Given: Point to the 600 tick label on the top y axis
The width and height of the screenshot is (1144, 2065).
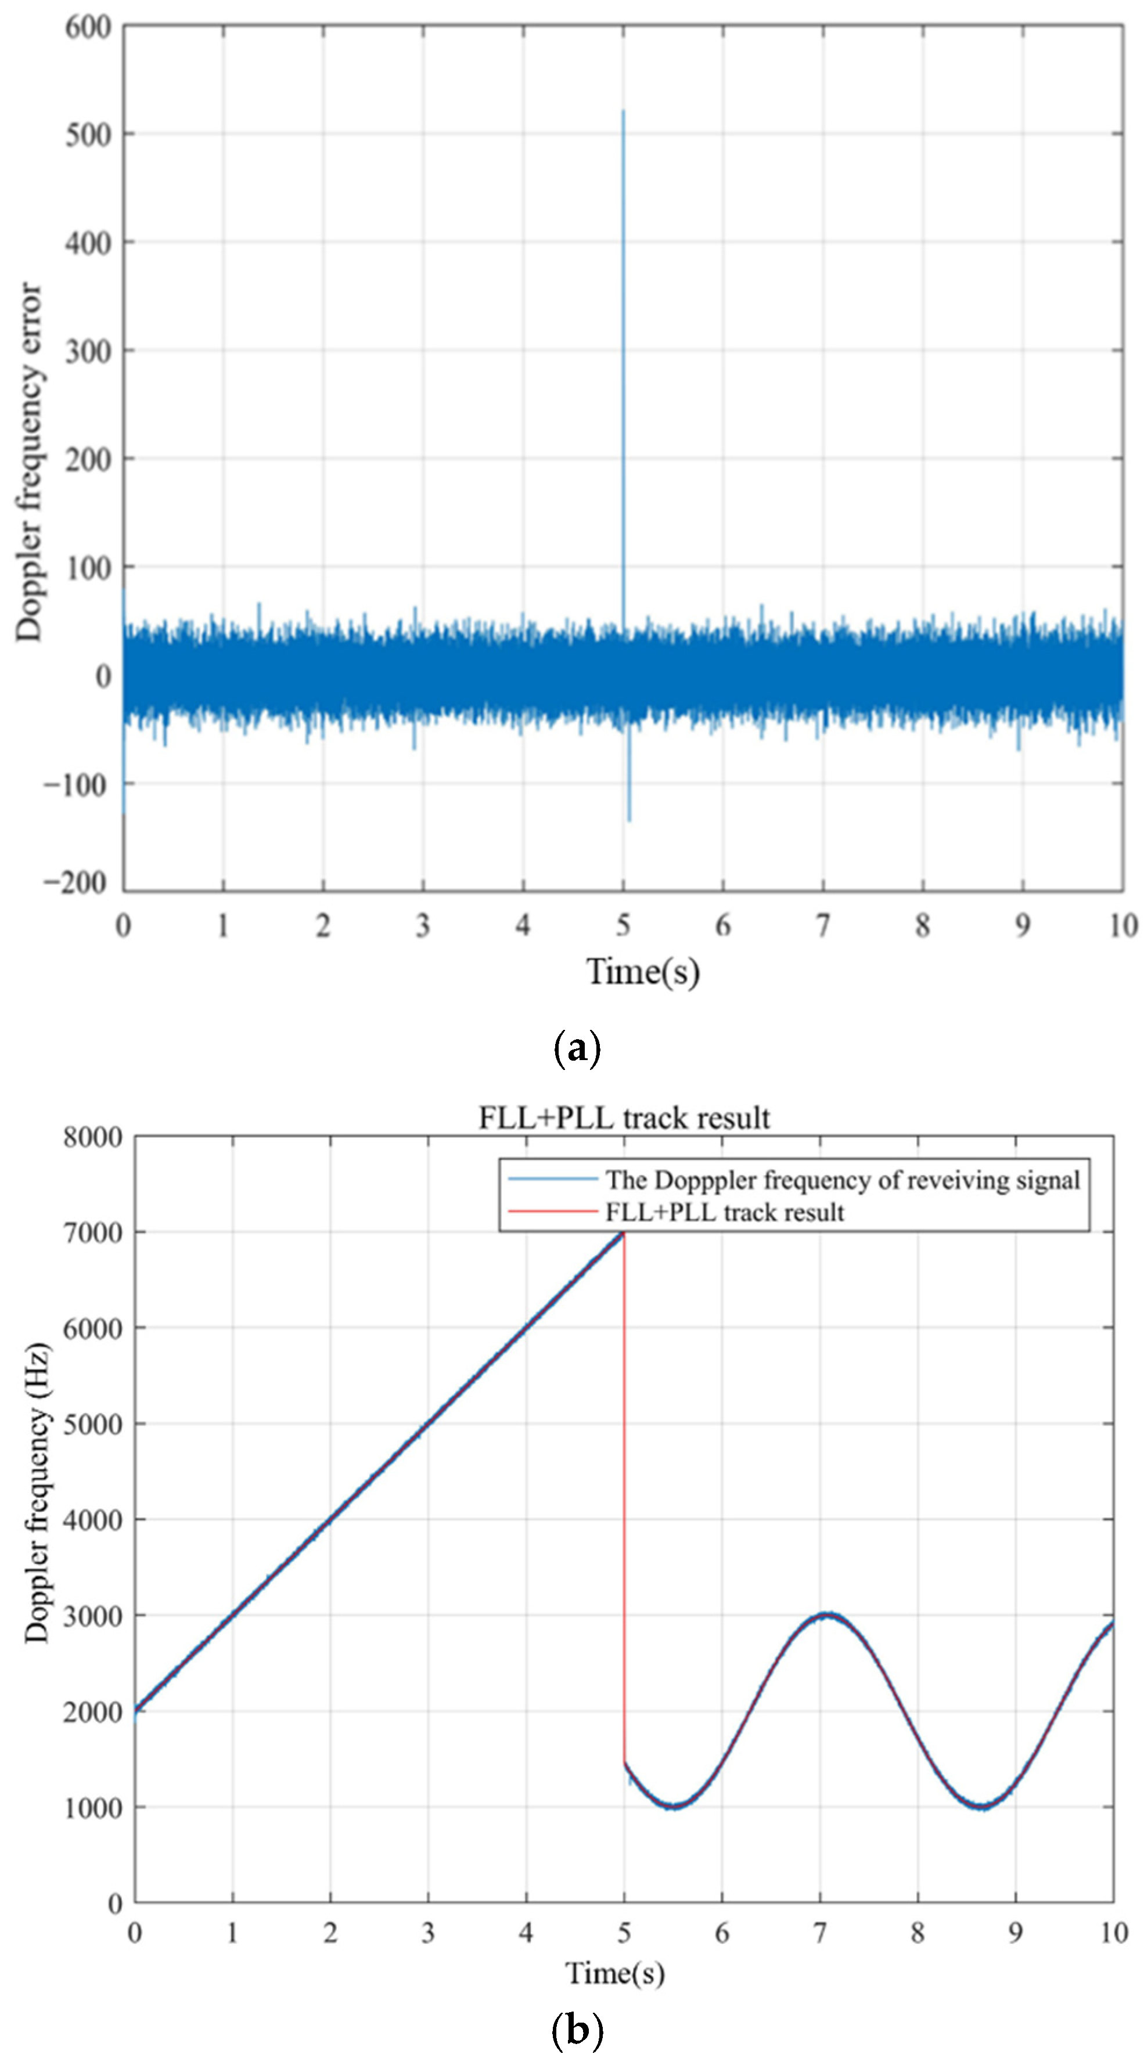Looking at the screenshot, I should (x=88, y=27).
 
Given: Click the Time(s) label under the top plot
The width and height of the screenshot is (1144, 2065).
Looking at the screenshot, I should (x=643, y=972).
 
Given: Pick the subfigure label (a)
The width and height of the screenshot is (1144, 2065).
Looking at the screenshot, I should (x=577, y=1048).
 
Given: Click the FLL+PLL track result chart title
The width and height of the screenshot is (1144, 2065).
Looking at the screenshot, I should (x=624, y=1118).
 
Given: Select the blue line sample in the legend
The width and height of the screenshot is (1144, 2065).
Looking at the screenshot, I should (x=552, y=1179).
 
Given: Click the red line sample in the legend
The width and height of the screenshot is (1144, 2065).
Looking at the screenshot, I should (x=552, y=1211).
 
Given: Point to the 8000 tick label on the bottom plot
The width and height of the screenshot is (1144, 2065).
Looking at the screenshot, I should (x=93, y=1137).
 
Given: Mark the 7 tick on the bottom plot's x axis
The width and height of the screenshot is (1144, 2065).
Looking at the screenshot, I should (x=819, y=1933).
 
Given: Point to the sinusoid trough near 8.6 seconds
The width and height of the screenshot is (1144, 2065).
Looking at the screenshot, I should (x=982, y=1807).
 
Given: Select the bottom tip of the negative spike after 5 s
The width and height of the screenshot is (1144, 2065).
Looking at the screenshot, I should (x=629, y=820).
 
